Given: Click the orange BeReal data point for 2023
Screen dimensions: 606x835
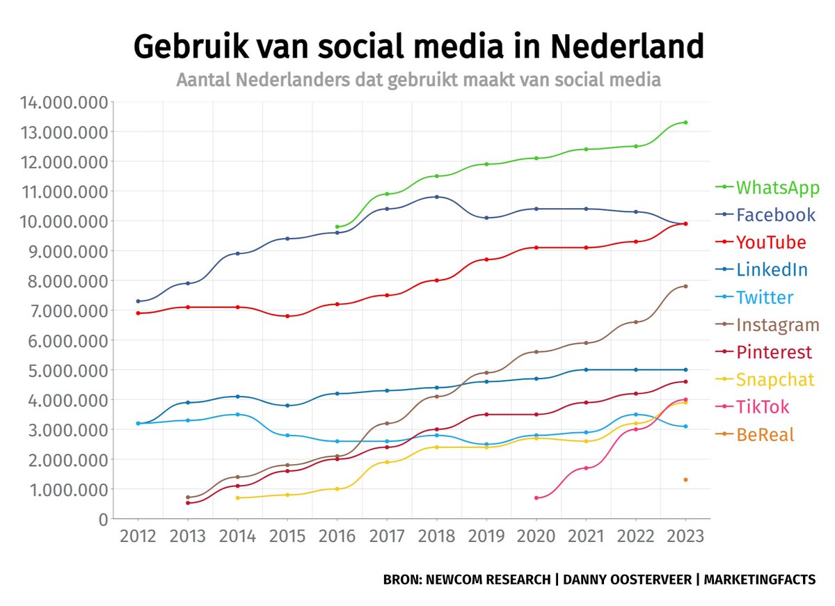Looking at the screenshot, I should click(685, 479).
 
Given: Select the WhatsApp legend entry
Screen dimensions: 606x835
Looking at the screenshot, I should click(777, 187).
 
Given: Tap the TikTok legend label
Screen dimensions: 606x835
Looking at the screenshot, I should click(763, 407).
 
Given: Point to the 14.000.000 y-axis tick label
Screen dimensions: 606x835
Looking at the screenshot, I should click(64, 102).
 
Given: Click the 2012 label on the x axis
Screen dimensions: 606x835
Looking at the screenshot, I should click(138, 537).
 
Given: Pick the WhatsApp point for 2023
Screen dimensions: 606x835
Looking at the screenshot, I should click(685, 122).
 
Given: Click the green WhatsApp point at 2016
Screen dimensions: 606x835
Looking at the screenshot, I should click(337, 227).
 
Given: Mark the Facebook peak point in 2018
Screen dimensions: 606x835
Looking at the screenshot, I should click(436, 197).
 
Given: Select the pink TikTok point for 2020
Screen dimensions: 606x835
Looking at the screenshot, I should click(536, 498).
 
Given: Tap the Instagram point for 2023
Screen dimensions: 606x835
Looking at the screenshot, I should click(685, 286).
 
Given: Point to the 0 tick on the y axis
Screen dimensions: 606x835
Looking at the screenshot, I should click(104, 519).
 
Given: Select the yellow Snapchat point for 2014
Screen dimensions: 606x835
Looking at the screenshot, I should click(237, 498).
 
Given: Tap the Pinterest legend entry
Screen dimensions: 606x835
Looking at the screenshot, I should click(774, 352).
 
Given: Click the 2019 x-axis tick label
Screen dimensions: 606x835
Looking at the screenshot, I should click(486, 537).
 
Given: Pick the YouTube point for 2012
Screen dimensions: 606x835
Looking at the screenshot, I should click(138, 313).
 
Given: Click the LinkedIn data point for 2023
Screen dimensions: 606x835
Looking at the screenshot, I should click(685, 369).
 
